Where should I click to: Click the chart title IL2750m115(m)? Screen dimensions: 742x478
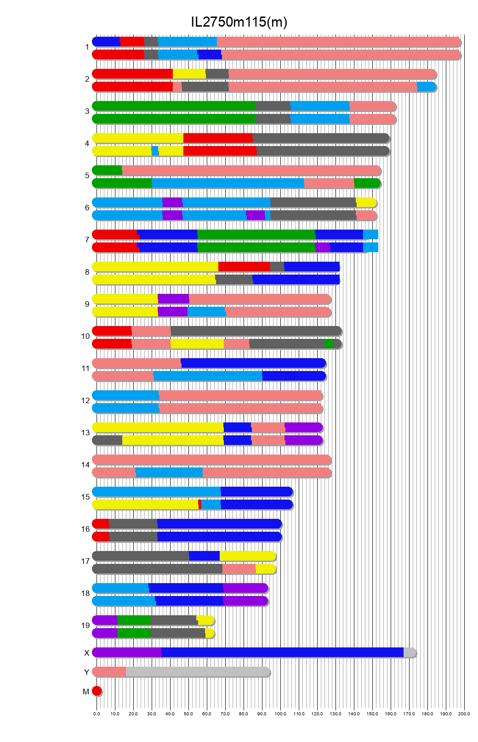(239, 22)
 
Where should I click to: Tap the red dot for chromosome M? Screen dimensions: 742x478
(97, 691)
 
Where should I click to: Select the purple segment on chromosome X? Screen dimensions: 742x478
(127, 652)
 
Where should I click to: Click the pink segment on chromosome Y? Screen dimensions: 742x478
(109, 672)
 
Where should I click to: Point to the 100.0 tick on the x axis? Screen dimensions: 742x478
(280, 714)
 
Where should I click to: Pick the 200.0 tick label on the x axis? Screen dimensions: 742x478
(464, 714)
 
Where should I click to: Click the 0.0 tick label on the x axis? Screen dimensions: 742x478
(97, 714)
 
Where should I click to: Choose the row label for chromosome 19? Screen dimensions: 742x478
(85, 625)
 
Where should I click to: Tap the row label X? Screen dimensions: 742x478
(86, 653)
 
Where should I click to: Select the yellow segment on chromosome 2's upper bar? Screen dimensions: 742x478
(189, 74)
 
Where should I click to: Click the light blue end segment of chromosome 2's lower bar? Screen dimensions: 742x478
(426, 87)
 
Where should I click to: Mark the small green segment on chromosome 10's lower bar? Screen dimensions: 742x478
(329, 344)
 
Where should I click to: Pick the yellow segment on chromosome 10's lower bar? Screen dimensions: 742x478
(197, 344)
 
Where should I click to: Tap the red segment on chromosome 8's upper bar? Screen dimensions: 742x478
(244, 267)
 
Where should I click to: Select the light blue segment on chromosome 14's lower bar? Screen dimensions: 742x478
(169, 472)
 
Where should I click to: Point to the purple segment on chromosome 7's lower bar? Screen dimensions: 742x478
(323, 247)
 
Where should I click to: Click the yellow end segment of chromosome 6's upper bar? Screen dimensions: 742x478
(366, 202)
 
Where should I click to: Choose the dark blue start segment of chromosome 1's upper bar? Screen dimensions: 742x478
(107, 42)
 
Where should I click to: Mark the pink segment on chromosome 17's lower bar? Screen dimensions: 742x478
(239, 569)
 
